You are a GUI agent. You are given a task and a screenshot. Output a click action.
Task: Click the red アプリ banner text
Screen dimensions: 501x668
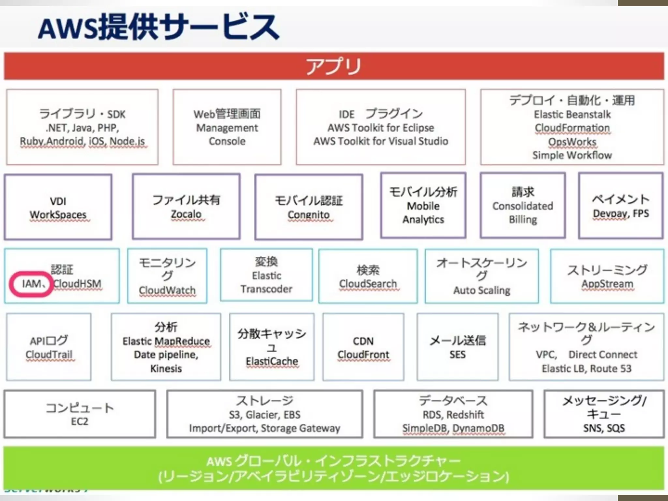click(333, 66)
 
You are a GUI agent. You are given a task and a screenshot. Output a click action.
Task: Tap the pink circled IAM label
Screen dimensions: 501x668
click(32, 284)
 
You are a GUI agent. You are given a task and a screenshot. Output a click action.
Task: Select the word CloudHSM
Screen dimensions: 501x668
click(78, 284)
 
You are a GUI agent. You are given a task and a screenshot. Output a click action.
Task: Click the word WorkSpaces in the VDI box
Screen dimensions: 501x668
click(58, 215)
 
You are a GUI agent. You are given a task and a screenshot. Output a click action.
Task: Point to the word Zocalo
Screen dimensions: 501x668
click(186, 214)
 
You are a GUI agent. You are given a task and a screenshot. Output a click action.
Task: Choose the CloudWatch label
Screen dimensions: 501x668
click(167, 290)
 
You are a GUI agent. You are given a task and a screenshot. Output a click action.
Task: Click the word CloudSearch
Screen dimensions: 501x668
click(368, 284)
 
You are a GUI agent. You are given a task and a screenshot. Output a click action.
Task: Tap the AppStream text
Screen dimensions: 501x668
click(607, 284)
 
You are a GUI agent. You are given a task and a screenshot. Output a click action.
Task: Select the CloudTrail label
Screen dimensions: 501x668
click(49, 355)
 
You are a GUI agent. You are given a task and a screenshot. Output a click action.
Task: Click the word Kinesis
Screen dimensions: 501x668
click(166, 369)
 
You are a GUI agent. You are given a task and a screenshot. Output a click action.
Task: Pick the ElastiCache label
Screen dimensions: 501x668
click(272, 361)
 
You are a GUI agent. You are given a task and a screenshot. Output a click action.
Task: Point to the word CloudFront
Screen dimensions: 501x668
click(363, 355)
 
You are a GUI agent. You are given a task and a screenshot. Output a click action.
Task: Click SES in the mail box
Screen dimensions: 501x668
click(457, 355)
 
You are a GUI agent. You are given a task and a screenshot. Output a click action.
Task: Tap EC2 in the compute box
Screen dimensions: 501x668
click(80, 421)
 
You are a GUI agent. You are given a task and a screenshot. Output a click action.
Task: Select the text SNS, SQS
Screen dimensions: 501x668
click(604, 428)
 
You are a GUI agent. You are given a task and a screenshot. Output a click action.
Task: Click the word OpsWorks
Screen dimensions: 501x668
click(572, 142)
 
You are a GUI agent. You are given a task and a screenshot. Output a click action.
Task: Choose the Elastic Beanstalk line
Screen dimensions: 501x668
click(572, 114)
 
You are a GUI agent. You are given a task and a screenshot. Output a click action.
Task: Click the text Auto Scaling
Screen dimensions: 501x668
click(482, 290)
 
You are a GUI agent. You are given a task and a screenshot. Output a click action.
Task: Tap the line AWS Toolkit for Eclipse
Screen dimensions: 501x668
click(381, 128)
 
